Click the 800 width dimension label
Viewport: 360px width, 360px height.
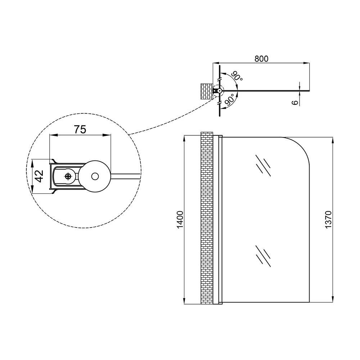point(261,59)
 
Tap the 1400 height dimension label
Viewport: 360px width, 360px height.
point(180,220)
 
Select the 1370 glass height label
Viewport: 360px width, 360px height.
point(329,220)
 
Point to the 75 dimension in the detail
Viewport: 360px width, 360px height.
point(80,130)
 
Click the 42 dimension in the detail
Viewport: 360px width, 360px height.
point(40,176)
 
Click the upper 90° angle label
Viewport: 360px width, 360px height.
point(237,76)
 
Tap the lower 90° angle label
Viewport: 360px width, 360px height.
point(230,100)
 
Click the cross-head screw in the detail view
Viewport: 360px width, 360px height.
point(68,176)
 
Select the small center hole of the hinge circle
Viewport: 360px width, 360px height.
point(95,176)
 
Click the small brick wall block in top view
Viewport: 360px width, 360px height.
point(207,91)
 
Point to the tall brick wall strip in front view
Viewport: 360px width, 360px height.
point(207,218)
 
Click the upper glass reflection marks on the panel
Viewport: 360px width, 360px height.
point(263,166)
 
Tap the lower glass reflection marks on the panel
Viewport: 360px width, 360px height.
point(263,256)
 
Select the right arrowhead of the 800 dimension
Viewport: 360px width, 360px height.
point(306,63)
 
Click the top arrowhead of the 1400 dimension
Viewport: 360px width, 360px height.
point(184,139)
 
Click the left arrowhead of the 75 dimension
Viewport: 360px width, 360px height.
point(53,135)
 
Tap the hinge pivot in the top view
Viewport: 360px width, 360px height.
point(220,91)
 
